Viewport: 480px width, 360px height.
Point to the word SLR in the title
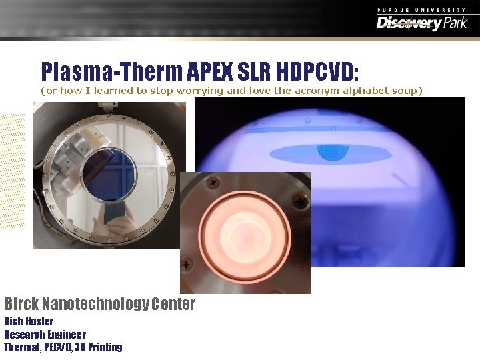(251, 71)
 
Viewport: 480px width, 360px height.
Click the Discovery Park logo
(421, 23)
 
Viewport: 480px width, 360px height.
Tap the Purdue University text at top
(421, 9)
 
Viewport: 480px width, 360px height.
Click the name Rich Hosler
(29, 321)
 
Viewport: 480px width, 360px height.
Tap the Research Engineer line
(45, 334)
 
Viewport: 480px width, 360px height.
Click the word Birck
(21, 305)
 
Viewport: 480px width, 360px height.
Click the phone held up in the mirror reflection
(115, 213)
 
